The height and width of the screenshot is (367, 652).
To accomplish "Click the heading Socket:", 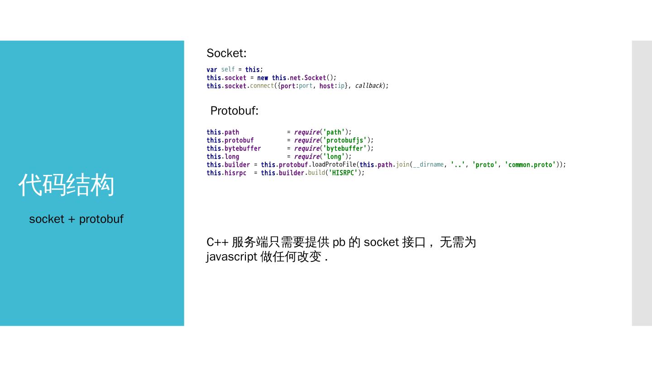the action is click(x=226, y=53).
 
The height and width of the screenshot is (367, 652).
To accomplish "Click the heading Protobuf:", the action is click(x=234, y=111).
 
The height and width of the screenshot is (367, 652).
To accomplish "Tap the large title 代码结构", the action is click(x=66, y=185).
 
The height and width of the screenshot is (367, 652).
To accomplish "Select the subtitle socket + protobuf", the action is click(x=76, y=219).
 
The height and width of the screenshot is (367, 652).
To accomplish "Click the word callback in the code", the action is click(x=369, y=86).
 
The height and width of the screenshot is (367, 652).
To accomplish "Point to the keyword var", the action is click(x=211, y=70).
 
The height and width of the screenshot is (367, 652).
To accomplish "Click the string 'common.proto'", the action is click(x=530, y=165).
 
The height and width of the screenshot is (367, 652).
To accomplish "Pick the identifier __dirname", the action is click(x=428, y=165).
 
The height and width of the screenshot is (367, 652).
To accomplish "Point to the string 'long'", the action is click(x=334, y=157).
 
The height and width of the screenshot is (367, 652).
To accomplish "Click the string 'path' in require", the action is click(x=334, y=132).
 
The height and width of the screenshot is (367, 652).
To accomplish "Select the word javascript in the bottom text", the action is click(x=231, y=257).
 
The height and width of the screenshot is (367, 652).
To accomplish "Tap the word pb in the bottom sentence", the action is click(x=339, y=242).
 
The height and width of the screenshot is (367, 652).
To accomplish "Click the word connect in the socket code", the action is click(x=262, y=86).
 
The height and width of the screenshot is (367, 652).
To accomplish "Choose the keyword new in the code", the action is click(x=263, y=78).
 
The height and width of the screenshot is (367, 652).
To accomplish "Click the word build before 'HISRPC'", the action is click(x=316, y=173).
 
